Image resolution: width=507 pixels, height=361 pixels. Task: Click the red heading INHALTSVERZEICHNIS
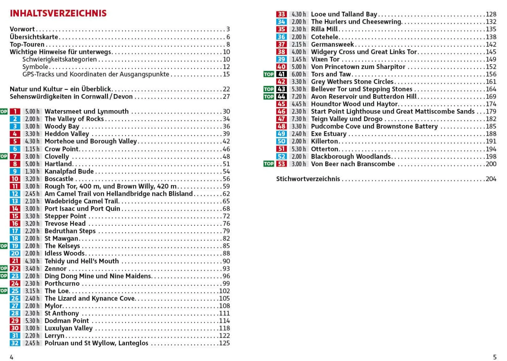pyautogui.click(x=58, y=13)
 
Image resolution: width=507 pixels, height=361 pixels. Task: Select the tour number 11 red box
pyautogui.click(x=15, y=186)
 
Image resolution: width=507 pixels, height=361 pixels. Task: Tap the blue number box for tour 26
pyautogui.click(x=15, y=298)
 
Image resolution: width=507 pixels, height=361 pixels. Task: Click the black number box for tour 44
pyautogui.click(x=281, y=97)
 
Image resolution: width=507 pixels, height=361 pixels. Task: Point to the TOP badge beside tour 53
pyautogui.click(x=268, y=164)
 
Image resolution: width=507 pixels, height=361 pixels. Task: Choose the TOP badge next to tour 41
pyautogui.click(x=268, y=74)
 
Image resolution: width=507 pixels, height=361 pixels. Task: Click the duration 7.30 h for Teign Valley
pyautogui.click(x=298, y=119)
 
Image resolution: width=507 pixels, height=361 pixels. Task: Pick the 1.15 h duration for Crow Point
pyautogui.click(x=32, y=149)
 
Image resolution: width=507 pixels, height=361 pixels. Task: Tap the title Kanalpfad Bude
pyautogui.click(x=69, y=171)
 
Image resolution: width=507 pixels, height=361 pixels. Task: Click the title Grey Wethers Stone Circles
pyautogui.click(x=352, y=82)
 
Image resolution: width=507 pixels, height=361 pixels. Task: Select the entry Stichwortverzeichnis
pyautogui.click(x=308, y=179)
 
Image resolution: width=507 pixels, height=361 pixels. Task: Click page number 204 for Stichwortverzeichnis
pyautogui.click(x=491, y=179)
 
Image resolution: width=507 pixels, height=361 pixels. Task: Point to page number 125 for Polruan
pyautogui.click(x=224, y=343)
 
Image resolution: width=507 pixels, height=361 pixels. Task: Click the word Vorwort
pyautogui.click(x=22, y=29)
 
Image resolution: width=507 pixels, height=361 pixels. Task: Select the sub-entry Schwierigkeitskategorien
pyautogui.click(x=59, y=60)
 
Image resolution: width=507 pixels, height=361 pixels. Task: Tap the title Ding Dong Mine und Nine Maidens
pyautogui.click(x=98, y=276)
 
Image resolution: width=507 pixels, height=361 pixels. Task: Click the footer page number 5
pyautogui.click(x=494, y=357)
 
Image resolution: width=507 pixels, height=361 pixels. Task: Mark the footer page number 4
pyautogui.click(x=11, y=357)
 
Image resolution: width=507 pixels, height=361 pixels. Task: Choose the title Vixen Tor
pyautogui.click(x=325, y=60)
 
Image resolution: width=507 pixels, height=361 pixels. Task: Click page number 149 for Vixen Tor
pyautogui.click(x=491, y=60)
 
